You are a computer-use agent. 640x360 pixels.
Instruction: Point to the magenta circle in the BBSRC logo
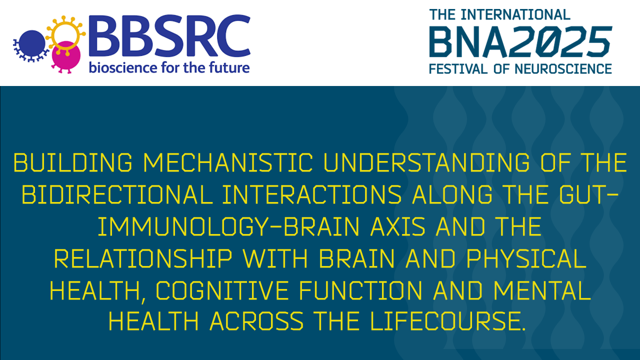[65, 58]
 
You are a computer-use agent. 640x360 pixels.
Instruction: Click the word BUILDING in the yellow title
[72, 163]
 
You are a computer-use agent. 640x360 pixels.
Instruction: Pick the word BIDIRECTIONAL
[117, 195]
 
